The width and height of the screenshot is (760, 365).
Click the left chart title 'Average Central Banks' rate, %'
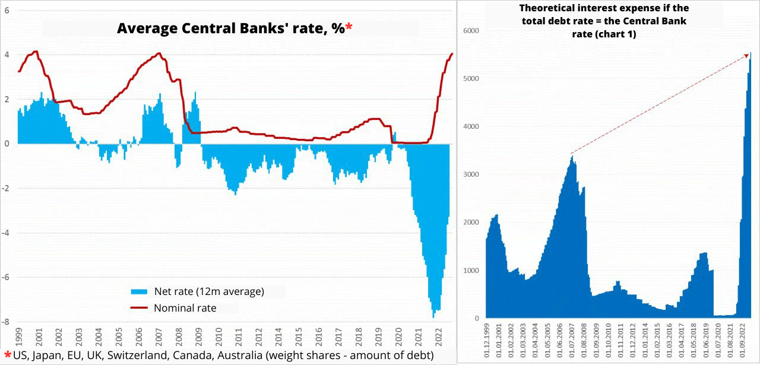pos(230,28)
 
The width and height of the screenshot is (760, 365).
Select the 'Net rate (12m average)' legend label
pos(208,291)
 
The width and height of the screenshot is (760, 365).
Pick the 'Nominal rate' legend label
pos(185,308)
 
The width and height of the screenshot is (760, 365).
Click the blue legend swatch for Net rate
pos(138,291)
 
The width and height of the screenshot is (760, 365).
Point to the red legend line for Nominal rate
pos(138,308)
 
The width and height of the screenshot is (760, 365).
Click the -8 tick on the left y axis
pos(6,322)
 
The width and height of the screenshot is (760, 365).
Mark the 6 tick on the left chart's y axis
pos(7,10)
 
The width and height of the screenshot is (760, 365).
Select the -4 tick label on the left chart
pos(6,233)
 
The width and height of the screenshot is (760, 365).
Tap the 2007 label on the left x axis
pos(159,337)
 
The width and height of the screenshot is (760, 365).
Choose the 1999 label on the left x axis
pos(18,337)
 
